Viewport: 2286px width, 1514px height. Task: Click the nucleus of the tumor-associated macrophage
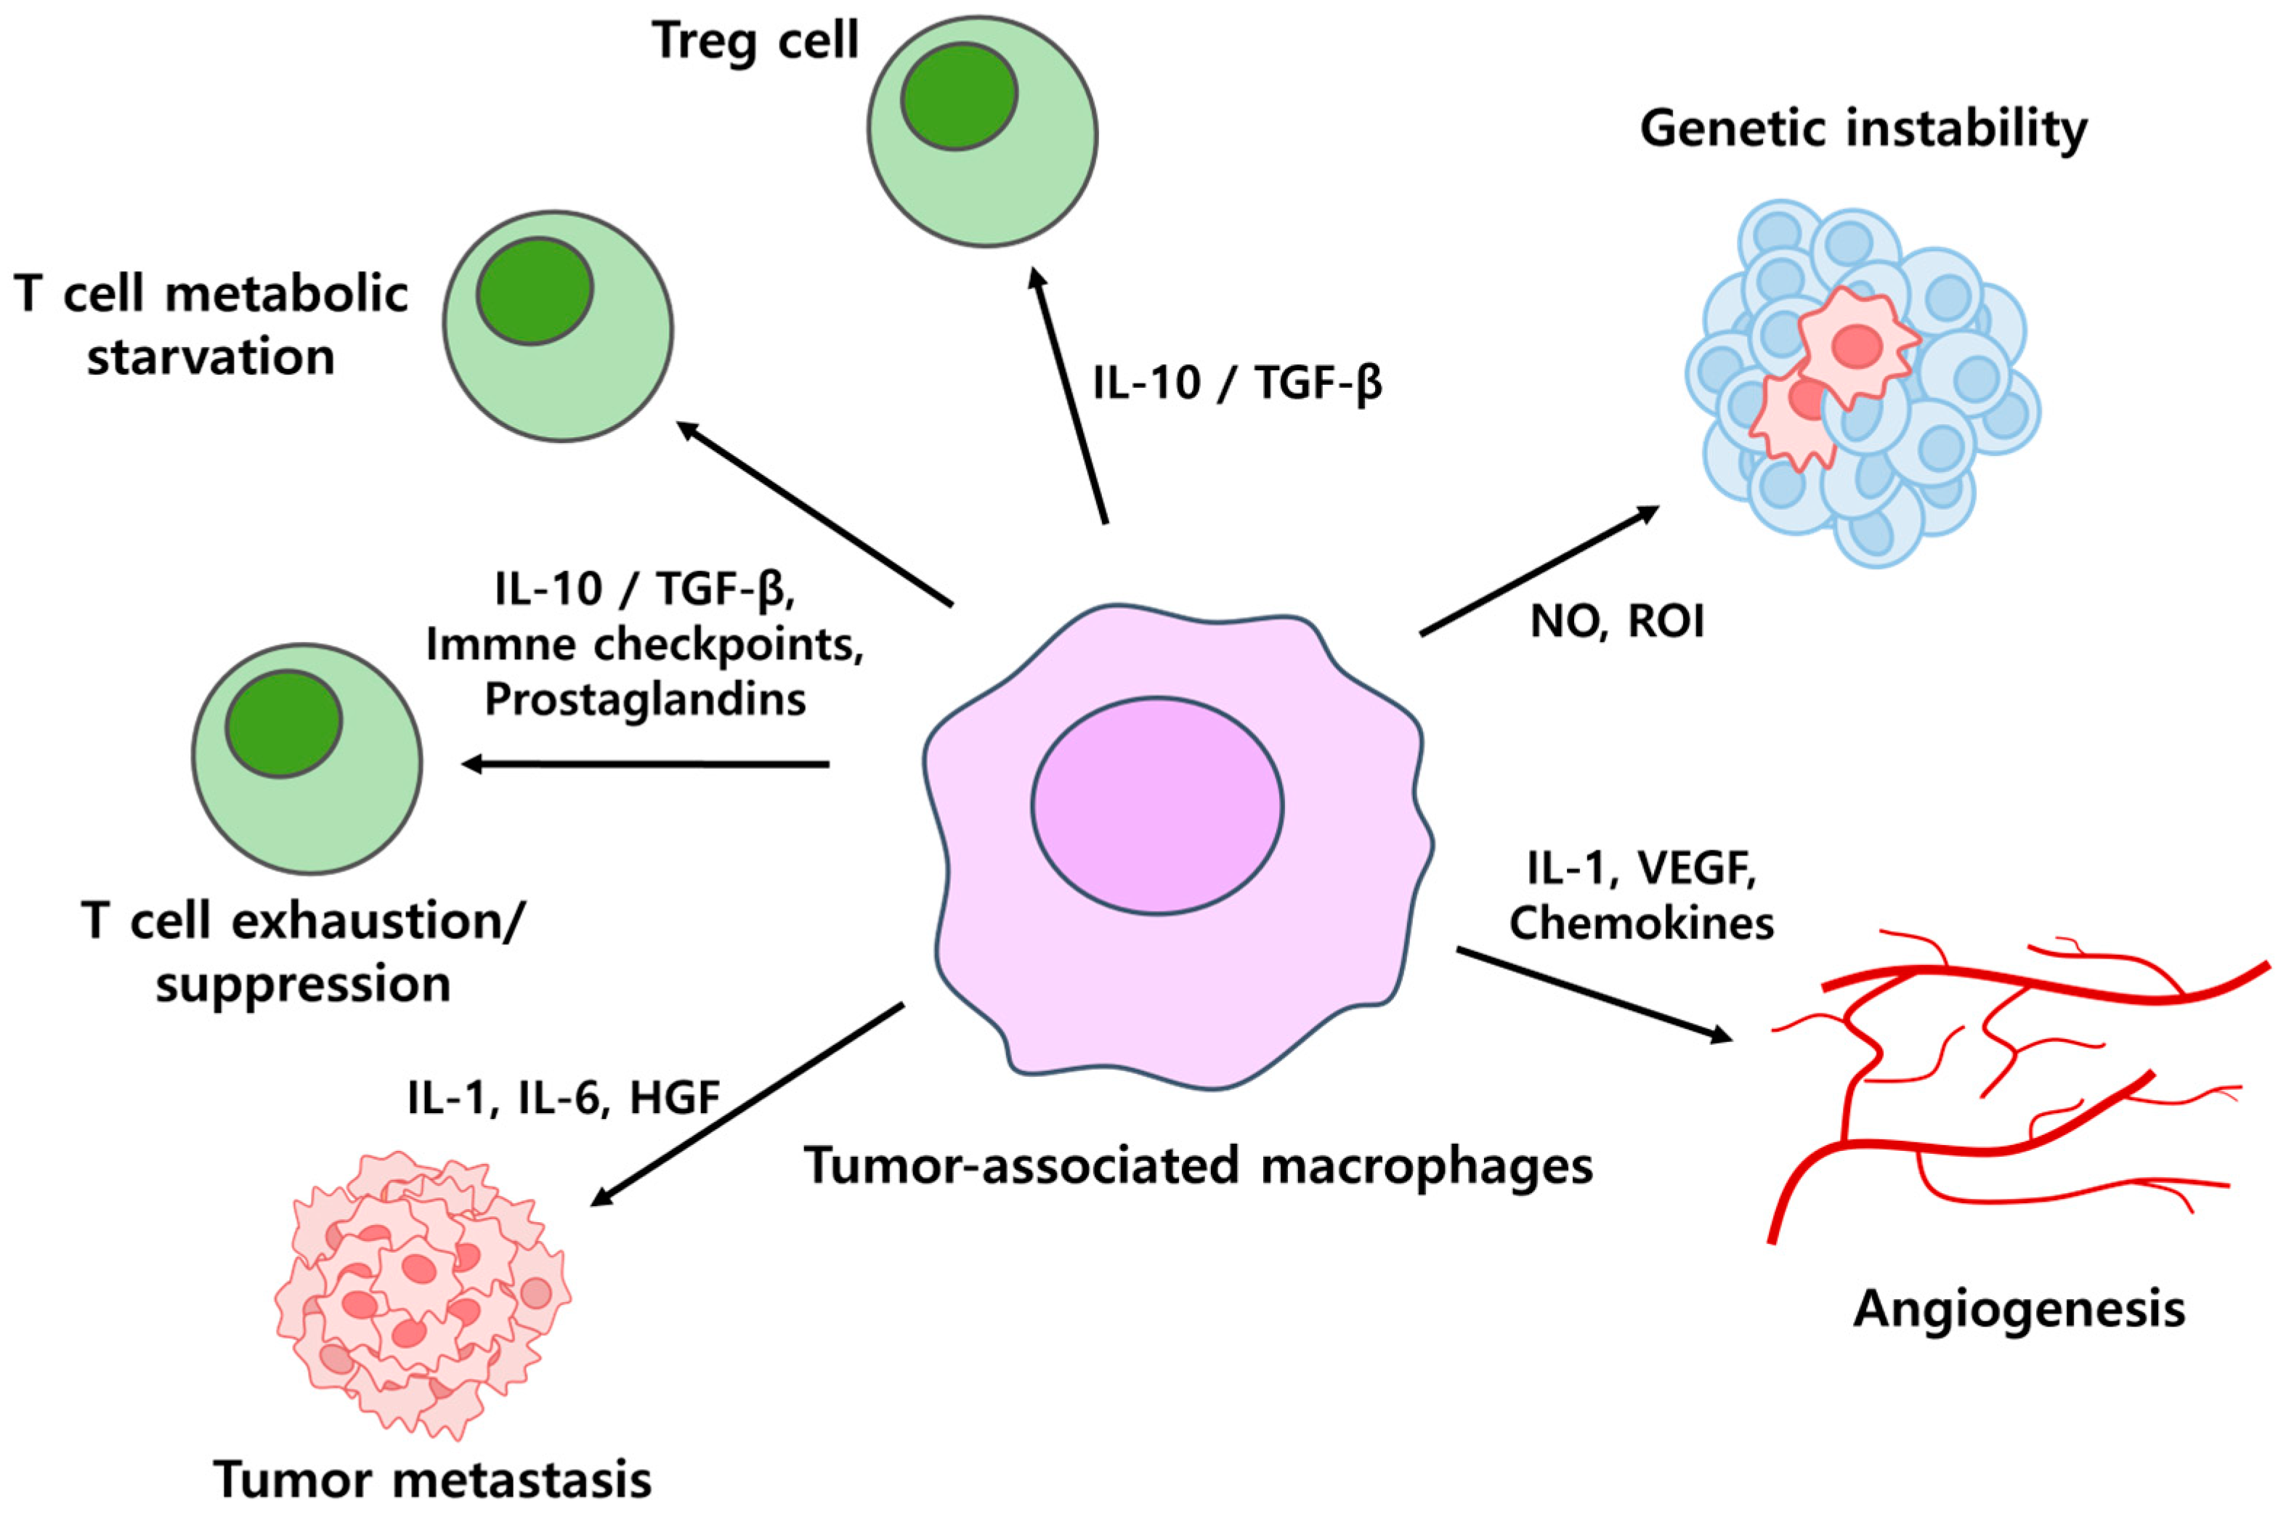click(x=1156, y=805)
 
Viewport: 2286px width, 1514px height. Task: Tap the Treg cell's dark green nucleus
click(x=959, y=97)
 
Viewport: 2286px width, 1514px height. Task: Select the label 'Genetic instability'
click(x=1863, y=129)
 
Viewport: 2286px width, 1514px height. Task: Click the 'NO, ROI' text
click(x=1618, y=622)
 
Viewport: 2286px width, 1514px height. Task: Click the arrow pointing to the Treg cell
click(x=1070, y=396)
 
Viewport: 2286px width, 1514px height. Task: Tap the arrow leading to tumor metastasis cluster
click(x=748, y=1104)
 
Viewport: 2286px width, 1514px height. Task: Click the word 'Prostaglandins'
click(x=644, y=700)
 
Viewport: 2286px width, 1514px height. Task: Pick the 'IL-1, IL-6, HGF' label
click(x=563, y=1098)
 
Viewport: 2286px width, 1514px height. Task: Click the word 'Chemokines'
click(x=1641, y=923)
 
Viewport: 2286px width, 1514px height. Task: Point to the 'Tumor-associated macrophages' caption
click(x=1199, y=1165)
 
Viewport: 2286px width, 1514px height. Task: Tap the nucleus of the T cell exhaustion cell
click(x=284, y=724)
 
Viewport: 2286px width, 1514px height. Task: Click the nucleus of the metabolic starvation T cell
click(x=534, y=290)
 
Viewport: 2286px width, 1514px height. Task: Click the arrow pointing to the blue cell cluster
click(x=1539, y=571)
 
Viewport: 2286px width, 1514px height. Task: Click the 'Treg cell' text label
click(x=755, y=41)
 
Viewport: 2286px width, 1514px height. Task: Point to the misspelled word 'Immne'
click(x=501, y=645)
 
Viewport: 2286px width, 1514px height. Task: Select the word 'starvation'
click(x=211, y=357)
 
